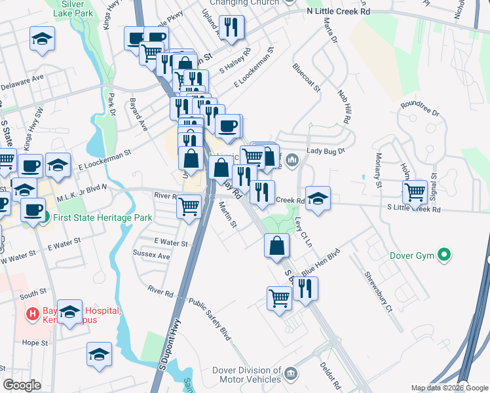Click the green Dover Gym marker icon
pyautogui.click(x=445, y=255)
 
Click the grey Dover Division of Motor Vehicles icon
pyautogui.click(x=292, y=375)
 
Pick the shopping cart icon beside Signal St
pyautogui.click(x=415, y=191)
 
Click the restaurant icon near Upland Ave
pyautogui.click(x=231, y=27)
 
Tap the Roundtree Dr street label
pyautogui.click(x=419, y=108)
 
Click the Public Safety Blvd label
pyautogui.click(x=210, y=320)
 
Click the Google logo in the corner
pyautogui.click(x=22, y=385)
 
